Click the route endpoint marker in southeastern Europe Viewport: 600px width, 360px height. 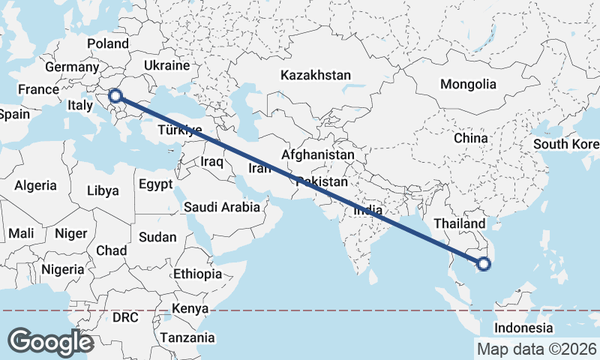[x=115, y=95]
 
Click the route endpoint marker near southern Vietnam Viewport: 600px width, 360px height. [x=484, y=263]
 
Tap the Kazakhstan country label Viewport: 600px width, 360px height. [x=316, y=76]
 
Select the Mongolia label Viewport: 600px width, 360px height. [x=468, y=84]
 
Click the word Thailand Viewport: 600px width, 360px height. [x=460, y=223]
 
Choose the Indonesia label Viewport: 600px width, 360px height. [x=523, y=328]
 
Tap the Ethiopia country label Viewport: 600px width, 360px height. [x=197, y=274]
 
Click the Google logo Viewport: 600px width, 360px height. [x=50, y=341]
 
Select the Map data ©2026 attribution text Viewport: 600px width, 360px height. [x=536, y=349]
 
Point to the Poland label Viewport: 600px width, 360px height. [x=108, y=43]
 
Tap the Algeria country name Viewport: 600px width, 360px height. [x=36, y=185]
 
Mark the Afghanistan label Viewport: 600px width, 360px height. [x=318, y=154]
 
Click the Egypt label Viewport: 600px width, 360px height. [x=155, y=184]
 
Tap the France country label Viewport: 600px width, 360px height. [x=38, y=90]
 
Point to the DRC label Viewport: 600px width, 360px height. [x=125, y=317]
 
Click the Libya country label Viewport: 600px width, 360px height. [x=103, y=190]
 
